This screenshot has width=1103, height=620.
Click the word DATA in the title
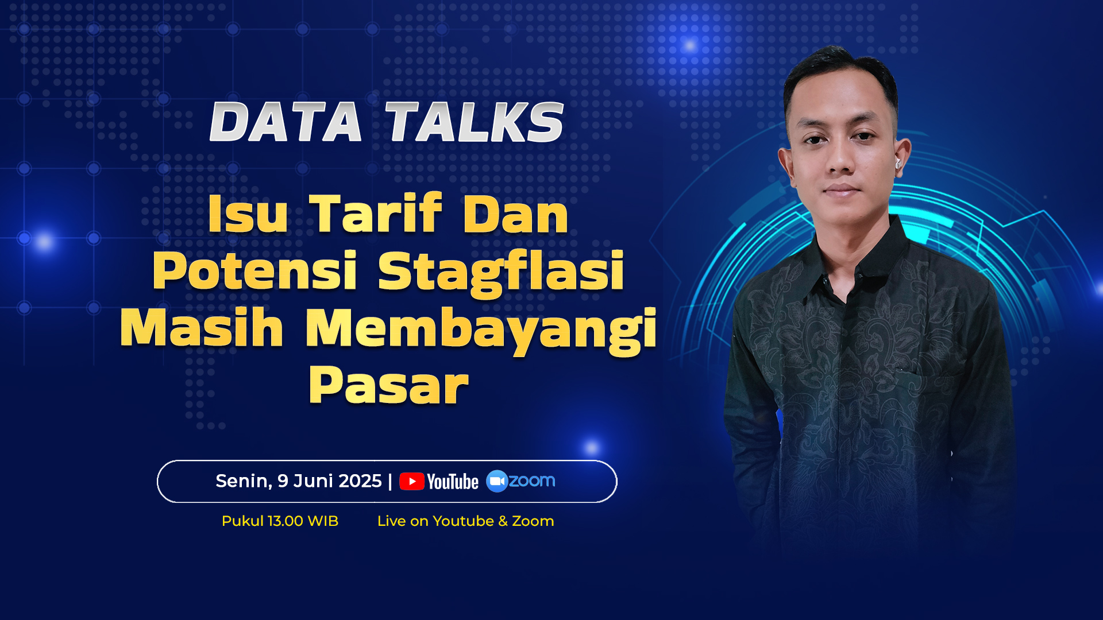point(286,122)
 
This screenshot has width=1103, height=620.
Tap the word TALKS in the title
point(475,122)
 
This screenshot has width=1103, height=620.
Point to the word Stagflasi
point(501,272)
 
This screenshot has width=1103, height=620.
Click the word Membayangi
point(481,330)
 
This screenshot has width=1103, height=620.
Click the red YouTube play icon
point(412,481)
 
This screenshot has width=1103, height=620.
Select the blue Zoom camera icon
point(497,481)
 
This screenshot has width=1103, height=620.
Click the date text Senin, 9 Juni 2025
point(299,481)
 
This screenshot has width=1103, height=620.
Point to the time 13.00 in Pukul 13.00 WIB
point(286,521)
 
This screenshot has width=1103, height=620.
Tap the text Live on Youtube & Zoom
point(466,521)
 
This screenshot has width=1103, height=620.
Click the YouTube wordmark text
point(453,482)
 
